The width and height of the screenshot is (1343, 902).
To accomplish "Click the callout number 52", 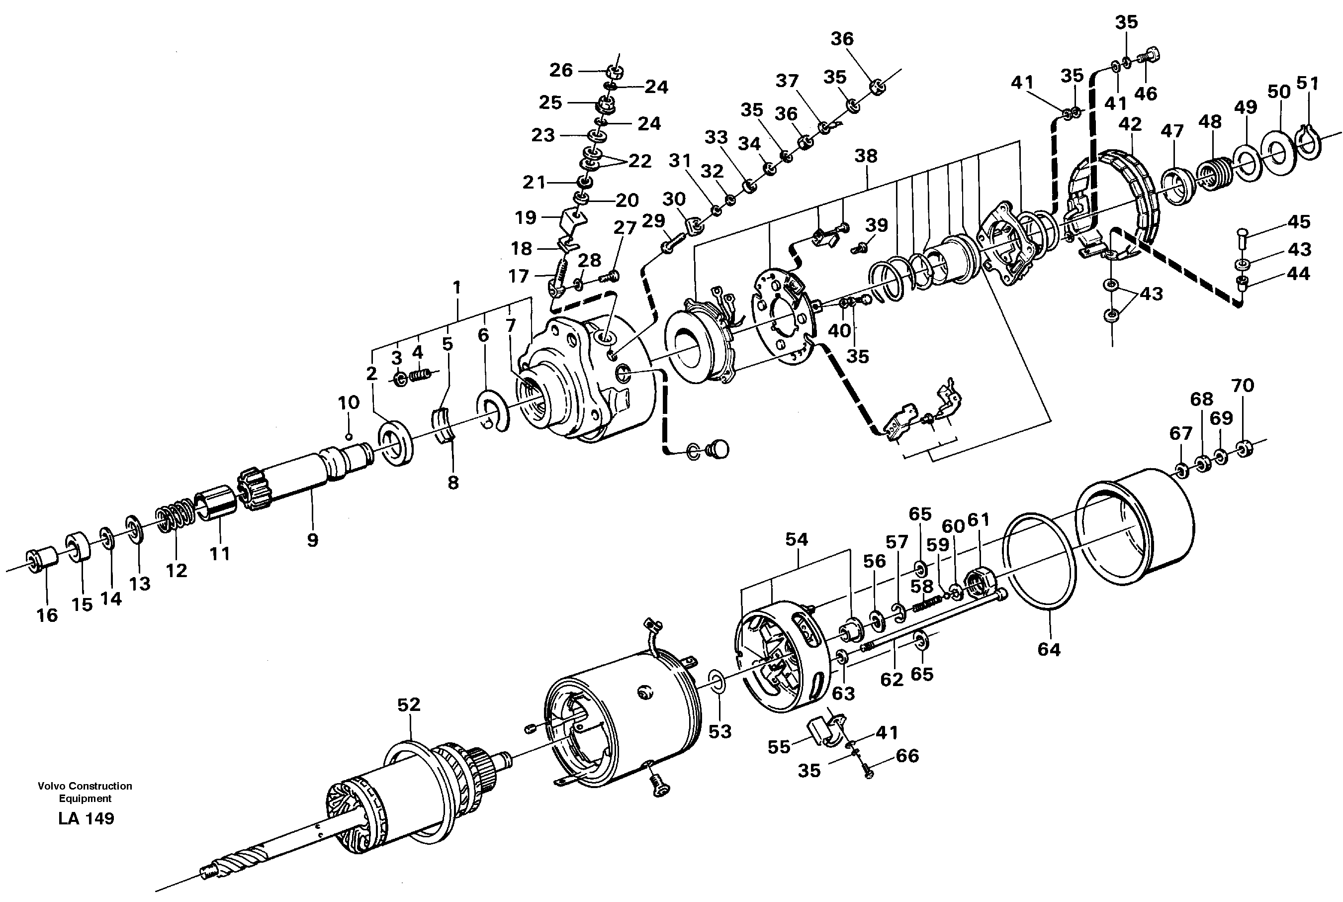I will pos(409,704).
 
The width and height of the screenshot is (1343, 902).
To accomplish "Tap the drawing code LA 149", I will pos(86,818).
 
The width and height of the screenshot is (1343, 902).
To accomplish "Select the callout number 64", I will pos(1049,649).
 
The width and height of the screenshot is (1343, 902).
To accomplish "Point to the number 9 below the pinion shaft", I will pos(312,540).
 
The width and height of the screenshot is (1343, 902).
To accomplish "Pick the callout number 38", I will pos(866,156).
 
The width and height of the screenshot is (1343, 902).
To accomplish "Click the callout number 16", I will pos(47,615).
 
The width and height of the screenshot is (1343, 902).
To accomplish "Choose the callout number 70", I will pos(1243,386).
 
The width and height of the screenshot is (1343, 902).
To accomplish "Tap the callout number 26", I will pos(561,70).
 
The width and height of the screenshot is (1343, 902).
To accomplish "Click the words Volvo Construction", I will pos(85,786).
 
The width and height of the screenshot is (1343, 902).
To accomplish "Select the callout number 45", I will pos(1299,221).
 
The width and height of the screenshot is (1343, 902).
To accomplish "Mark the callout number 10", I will pos(349,402).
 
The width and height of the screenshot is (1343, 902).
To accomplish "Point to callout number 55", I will pos(779,747).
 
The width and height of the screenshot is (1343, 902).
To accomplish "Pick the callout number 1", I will pos(457,287).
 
